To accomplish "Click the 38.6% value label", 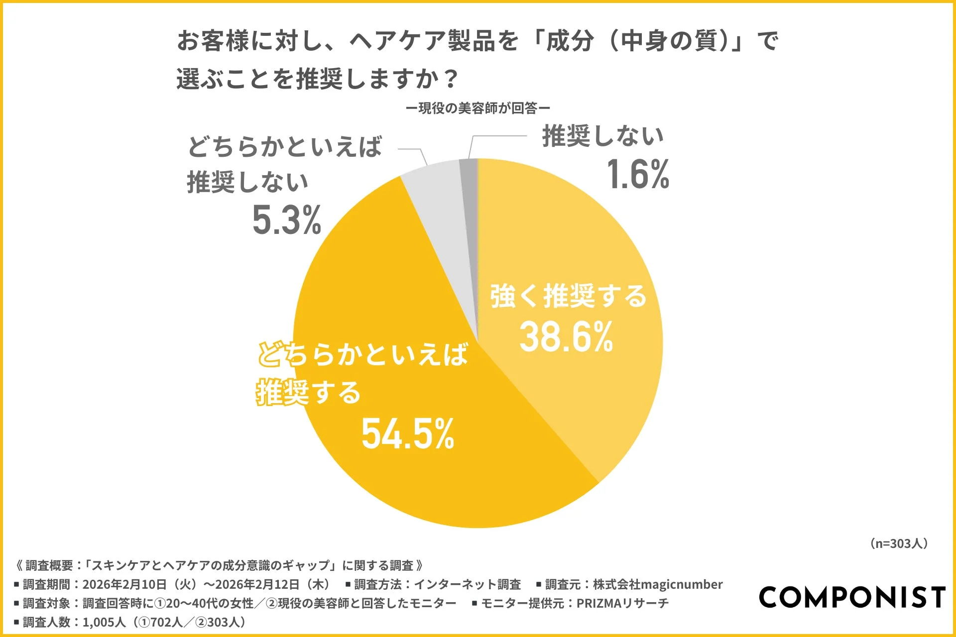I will click(566, 337).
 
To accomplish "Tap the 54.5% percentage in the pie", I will click(408, 433).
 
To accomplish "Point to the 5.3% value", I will click(286, 220).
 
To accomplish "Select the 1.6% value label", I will click(638, 175).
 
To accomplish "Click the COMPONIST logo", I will click(851, 597).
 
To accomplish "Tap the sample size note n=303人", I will click(899, 543).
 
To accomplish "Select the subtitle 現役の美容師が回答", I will click(478, 108).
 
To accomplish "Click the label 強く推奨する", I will click(568, 296).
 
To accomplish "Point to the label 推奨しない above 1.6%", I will click(603, 136).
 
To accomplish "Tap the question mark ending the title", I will click(451, 79).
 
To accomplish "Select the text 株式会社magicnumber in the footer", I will click(657, 584).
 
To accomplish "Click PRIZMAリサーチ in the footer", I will click(622, 603).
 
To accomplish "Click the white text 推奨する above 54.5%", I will click(309, 393).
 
